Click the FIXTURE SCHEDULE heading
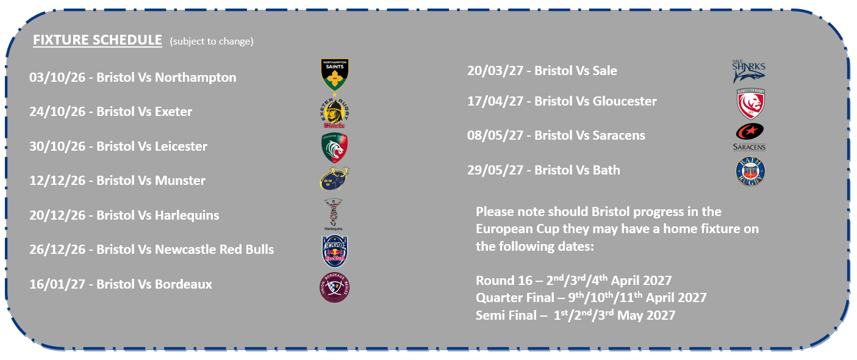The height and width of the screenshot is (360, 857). pyautogui.click(x=98, y=40)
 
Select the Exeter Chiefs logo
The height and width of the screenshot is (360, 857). pyautogui.click(x=335, y=112)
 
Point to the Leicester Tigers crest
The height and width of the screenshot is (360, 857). pyautogui.click(x=335, y=147)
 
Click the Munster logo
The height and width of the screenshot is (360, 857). pyautogui.click(x=334, y=179)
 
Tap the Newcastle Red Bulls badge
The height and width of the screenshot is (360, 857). pyautogui.click(x=335, y=251)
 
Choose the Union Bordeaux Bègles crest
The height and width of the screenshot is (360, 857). pyautogui.click(x=334, y=287)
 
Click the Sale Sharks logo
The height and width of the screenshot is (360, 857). pyautogui.click(x=748, y=71)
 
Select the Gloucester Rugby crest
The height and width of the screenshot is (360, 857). pyautogui.click(x=751, y=103)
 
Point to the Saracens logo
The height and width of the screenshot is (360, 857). pyautogui.click(x=749, y=137)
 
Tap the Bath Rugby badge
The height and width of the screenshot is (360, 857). pyautogui.click(x=751, y=171)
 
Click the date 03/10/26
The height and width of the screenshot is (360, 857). pyautogui.click(x=57, y=77)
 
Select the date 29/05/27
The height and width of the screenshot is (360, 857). pyautogui.click(x=495, y=170)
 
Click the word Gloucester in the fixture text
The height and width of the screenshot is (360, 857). pyautogui.click(x=625, y=101)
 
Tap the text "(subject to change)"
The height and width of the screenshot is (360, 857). pyautogui.click(x=212, y=41)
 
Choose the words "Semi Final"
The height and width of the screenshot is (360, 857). pyautogui.click(x=506, y=315)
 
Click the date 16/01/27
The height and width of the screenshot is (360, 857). pyautogui.click(x=57, y=284)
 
